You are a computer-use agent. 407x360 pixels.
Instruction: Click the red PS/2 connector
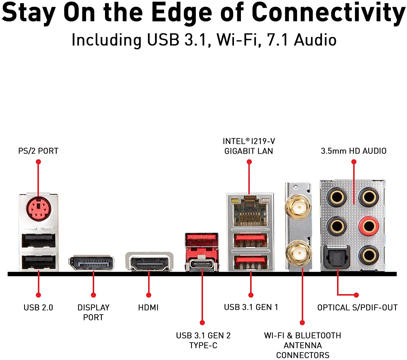click(x=38, y=209)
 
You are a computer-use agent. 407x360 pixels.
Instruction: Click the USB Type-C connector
click(x=202, y=264)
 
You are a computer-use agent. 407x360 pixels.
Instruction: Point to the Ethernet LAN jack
click(x=250, y=212)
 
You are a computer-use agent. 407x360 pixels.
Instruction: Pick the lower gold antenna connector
click(x=299, y=253)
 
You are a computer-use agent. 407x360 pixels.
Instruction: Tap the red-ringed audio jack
click(x=369, y=226)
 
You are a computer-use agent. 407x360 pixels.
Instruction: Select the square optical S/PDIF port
click(x=336, y=256)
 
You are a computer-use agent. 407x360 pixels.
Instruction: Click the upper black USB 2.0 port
click(x=39, y=240)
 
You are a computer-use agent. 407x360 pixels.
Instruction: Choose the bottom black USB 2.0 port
click(x=39, y=262)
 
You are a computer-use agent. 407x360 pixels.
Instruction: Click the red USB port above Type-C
click(x=202, y=240)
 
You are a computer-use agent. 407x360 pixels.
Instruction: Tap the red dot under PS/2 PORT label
click(x=38, y=162)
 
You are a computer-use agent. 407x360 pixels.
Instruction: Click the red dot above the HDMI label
click(x=149, y=295)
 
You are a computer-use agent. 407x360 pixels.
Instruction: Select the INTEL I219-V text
click(x=249, y=141)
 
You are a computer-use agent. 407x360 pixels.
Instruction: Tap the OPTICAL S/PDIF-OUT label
click(x=357, y=307)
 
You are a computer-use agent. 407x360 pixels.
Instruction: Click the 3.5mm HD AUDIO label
click(x=354, y=151)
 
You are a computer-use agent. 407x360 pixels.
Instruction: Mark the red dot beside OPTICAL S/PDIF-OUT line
click(x=356, y=295)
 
